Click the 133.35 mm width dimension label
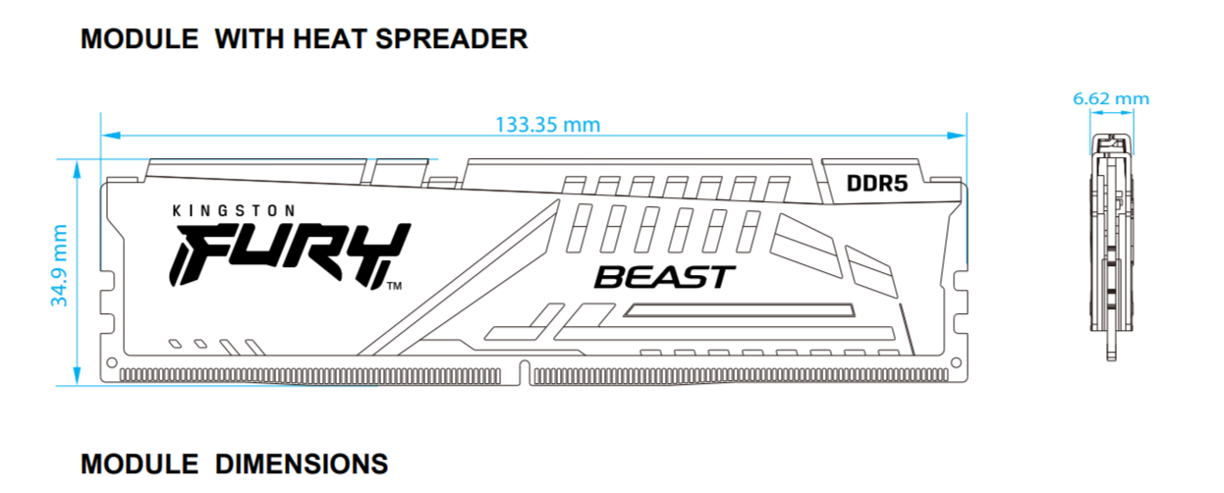[547, 125]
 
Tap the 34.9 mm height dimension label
[60, 265]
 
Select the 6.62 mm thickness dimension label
[1110, 98]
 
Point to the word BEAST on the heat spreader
[664, 277]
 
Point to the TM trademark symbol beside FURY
[394, 287]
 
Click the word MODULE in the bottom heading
[137, 464]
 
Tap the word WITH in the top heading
[252, 39]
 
